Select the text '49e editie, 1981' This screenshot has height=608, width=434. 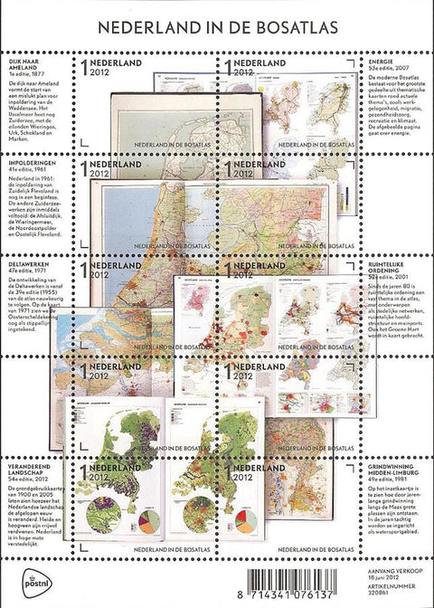click(394, 495)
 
